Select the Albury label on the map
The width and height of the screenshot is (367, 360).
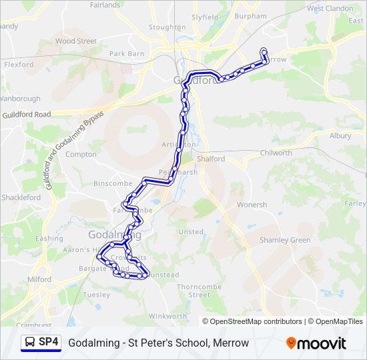coord(340,135)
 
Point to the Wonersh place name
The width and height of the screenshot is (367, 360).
coord(252,205)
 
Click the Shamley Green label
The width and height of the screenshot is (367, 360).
coord(285,240)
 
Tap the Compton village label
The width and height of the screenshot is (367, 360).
coord(81,154)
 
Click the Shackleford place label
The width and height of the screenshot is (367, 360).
coord(21,197)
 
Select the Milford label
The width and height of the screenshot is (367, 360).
coord(39,279)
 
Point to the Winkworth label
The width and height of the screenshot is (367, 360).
coord(167,316)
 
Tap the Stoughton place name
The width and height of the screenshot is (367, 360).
coord(167,27)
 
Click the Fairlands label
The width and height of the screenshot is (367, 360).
coord(105,5)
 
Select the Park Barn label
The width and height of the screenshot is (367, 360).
coord(127,53)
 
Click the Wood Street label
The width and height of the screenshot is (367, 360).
coord(75,41)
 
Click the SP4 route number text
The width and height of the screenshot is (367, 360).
coord(49,343)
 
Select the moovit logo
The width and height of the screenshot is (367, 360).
coord(316,343)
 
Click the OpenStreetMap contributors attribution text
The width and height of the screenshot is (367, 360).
coord(252,321)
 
